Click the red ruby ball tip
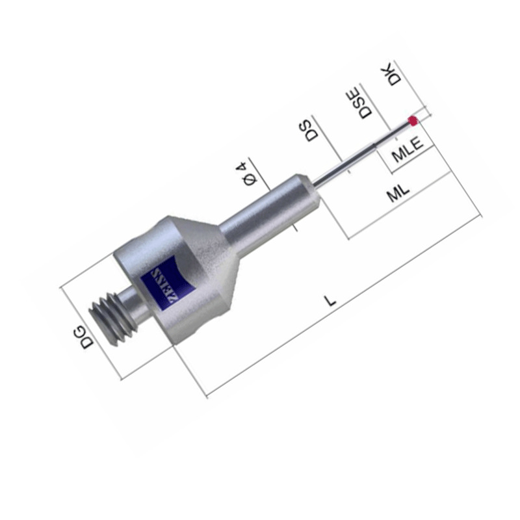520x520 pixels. click(413, 121)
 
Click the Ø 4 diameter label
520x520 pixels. click(247, 174)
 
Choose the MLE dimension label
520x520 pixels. click(408, 150)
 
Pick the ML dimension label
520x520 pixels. click(398, 192)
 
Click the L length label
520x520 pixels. click(330, 301)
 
